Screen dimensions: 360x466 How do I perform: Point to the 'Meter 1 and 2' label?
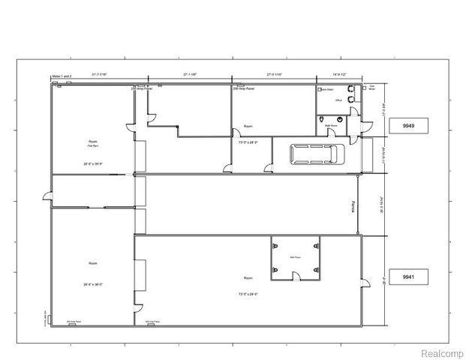62,76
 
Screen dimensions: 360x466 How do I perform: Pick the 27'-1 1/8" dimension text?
189,74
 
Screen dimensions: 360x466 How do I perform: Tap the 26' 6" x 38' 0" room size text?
93,284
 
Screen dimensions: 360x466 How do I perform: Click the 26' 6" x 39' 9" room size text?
93,163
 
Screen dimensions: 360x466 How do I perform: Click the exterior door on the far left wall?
48,197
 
